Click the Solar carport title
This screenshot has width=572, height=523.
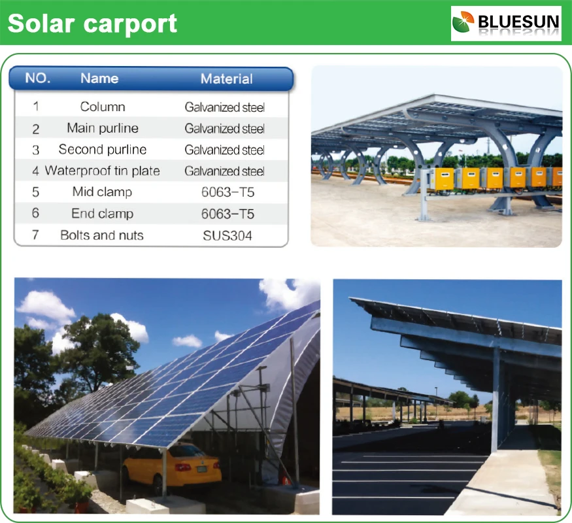click(92, 24)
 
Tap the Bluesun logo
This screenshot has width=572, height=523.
click(506, 24)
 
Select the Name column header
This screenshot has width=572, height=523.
click(99, 78)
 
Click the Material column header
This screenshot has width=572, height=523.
click(227, 79)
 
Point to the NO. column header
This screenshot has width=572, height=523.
click(37, 78)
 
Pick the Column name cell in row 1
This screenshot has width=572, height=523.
click(103, 107)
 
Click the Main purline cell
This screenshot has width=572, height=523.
click(103, 128)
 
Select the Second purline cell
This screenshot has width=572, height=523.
click(103, 150)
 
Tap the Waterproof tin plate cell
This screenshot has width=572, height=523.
click(103, 171)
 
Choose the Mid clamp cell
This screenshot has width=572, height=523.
click(102, 192)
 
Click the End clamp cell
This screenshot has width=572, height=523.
click(103, 213)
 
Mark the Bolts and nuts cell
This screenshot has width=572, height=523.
click(102, 235)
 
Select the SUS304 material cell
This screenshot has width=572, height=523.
click(227, 235)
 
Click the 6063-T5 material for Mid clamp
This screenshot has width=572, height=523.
click(227, 192)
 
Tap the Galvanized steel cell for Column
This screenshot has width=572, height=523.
click(224, 107)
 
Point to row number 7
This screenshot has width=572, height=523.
click(35, 235)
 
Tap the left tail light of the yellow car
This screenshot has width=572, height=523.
click(183, 467)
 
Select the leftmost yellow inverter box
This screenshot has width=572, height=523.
click(442, 178)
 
